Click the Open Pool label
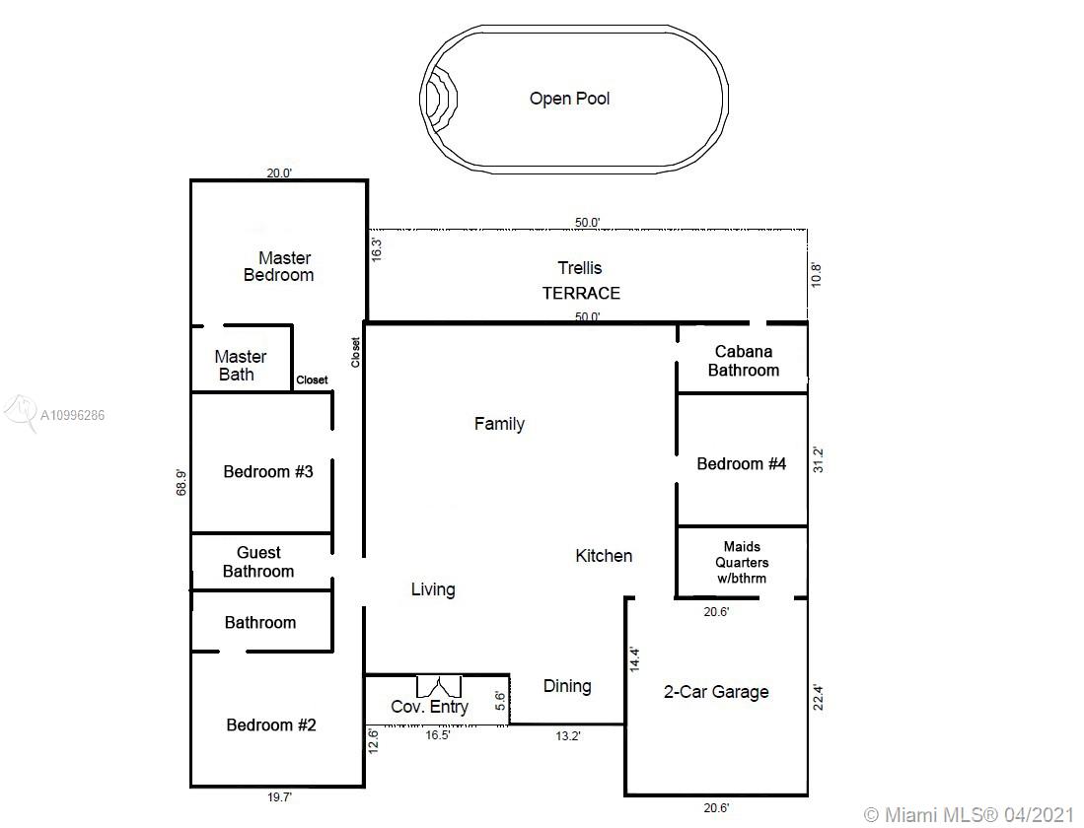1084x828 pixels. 570,99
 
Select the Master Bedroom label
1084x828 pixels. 279,267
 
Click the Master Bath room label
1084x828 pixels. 240,366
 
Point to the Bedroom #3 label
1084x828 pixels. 268,472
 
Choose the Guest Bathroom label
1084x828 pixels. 258,562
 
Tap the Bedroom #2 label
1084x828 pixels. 271,725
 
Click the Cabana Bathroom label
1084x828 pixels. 743,361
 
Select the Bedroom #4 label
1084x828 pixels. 741,463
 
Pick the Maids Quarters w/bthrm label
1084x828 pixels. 742,563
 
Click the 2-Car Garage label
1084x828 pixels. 716,692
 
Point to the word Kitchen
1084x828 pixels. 604,556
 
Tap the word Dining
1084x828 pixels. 567,686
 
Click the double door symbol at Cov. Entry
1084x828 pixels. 439,686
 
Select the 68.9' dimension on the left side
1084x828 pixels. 181,482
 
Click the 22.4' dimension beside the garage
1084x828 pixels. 819,698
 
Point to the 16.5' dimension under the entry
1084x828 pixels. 438,735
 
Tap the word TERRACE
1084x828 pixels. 581,294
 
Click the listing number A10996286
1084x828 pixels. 73,415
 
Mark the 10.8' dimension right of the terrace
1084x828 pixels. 817,275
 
